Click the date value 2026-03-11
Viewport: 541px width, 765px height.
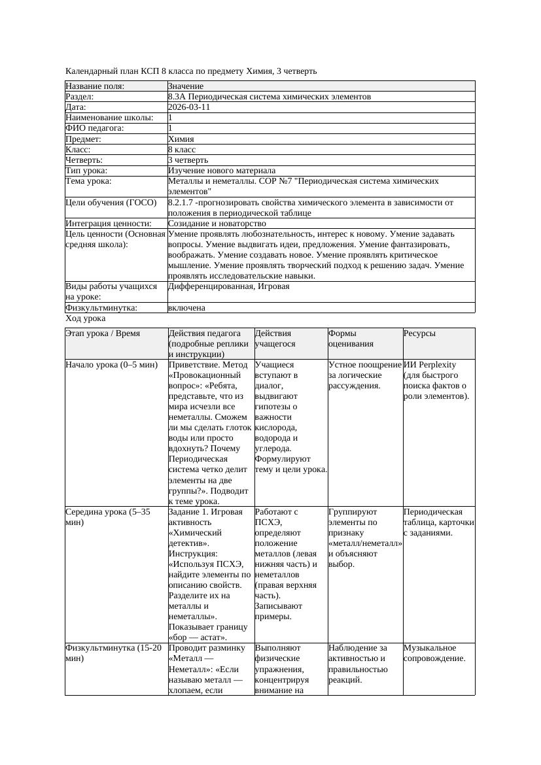[x=189, y=107]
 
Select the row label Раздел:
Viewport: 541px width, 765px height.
[x=82, y=97]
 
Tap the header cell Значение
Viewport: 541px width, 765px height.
[x=186, y=86]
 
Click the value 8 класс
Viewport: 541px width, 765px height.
[x=182, y=150]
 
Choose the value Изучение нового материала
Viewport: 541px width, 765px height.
[x=222, y=171]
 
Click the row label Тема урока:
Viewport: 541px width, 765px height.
[x=88, y=181]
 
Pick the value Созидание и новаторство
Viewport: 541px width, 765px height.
[x=217, y=224]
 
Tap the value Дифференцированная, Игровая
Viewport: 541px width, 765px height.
[x=228, y=286]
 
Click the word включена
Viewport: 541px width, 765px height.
[x=186, y=308]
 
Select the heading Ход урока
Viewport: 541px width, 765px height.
[x=86, y=318]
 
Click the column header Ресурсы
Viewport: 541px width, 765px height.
[x=419, y=333]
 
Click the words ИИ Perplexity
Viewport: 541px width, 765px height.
[x=430, y=365]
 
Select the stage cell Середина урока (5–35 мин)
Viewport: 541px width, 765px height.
[x=108, y=517]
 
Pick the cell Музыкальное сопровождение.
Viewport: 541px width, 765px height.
[x=434, y=653]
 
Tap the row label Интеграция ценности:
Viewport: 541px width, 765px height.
[x=109, y=224]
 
